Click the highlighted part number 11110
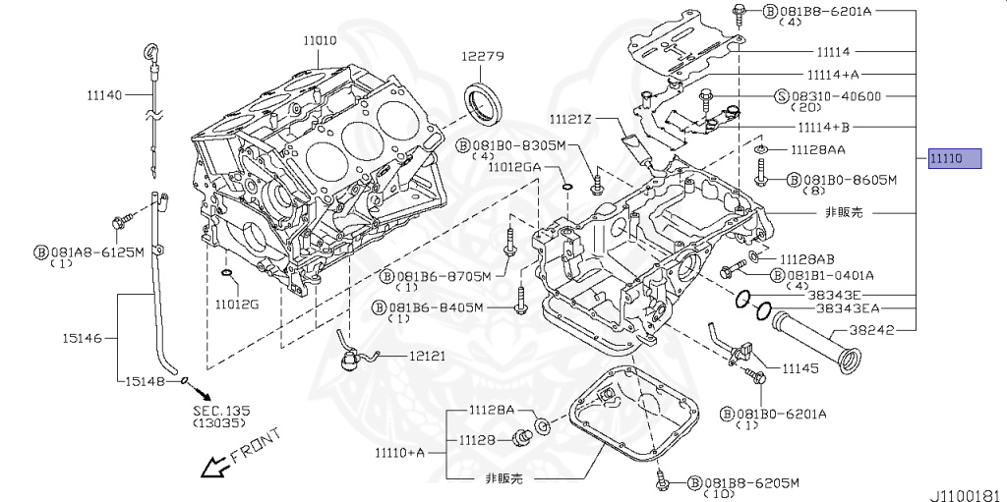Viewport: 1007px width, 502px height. coord(954,159)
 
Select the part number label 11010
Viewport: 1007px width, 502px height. coord(320,40)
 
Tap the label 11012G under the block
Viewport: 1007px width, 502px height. coord(237,304)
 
